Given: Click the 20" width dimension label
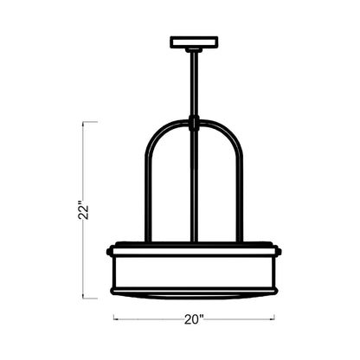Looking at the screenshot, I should (194, 318).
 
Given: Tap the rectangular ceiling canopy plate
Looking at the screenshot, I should (195, 41).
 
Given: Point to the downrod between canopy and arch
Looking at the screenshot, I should (195, 82).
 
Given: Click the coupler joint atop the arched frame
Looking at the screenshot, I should (195, 122).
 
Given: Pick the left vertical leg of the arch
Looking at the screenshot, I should (149, 199).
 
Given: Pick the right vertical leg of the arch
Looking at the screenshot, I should (240, 199).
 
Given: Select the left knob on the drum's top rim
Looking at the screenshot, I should (110, 251).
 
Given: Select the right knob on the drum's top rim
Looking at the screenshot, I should (279, 251).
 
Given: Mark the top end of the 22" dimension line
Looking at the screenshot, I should (84, 122).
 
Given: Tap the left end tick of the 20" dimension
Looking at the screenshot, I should (114, 318).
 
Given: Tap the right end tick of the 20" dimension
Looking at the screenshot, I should (274, 318).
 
